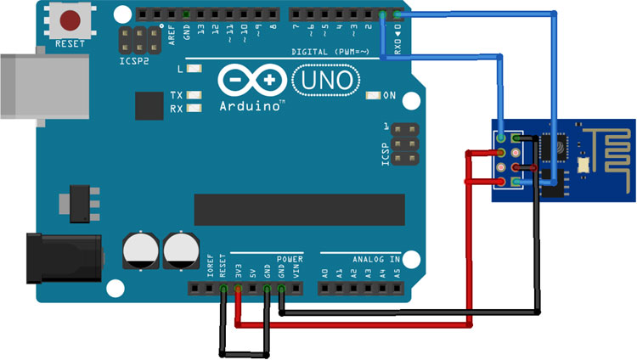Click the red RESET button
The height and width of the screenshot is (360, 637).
(70, 20)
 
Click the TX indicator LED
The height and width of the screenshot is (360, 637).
(194, 95)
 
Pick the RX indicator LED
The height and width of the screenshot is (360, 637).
(194, 109)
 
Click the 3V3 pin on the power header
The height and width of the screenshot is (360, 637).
(239, 290)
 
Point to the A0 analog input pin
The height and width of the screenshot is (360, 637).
(325, 290)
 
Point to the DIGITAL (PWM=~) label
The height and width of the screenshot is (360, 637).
(331, 52)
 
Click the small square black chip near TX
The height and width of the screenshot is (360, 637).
(149, 107)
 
